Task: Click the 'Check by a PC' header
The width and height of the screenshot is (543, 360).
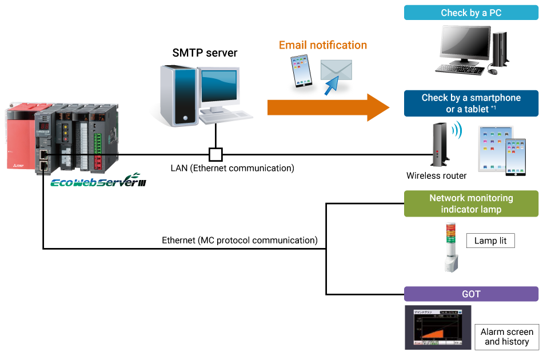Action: tap(471, 13)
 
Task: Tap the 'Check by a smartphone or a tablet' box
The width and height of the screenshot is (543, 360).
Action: tap(471, 103)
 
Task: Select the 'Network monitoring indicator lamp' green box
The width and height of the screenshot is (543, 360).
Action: tap(471, 203)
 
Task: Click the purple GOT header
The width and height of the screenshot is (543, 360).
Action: tap(471, 294)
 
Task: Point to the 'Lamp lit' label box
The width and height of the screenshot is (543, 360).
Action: tap(490, 241)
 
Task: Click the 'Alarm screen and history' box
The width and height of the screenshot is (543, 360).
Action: tap(506, 337)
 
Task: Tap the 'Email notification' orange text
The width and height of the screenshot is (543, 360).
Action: tap(323, 45)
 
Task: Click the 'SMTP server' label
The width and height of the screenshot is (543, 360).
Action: tap(205, 53)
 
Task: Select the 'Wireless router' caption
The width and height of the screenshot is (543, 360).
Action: tap(436, 176)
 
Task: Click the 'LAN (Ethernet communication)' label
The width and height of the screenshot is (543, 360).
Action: tap(232, 168)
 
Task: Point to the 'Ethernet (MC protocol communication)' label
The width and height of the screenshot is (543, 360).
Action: tap(239, 240)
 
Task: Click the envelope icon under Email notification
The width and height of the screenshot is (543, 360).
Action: tap(336, 71)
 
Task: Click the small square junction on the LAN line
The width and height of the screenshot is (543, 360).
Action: tap(215, 154)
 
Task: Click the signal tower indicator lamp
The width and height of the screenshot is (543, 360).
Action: tap(449, 246)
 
